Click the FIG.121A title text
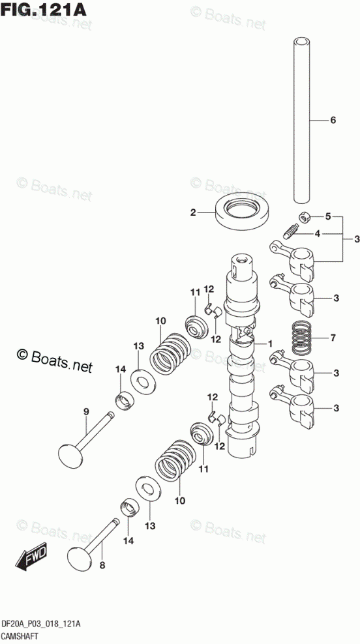coord(44,10)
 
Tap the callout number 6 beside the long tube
coord(333,120)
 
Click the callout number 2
coord(193,212)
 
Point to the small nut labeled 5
coord(304,217)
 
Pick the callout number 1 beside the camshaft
coord(270,343)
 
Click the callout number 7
coord(333,338)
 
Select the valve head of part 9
coord(72,454)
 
